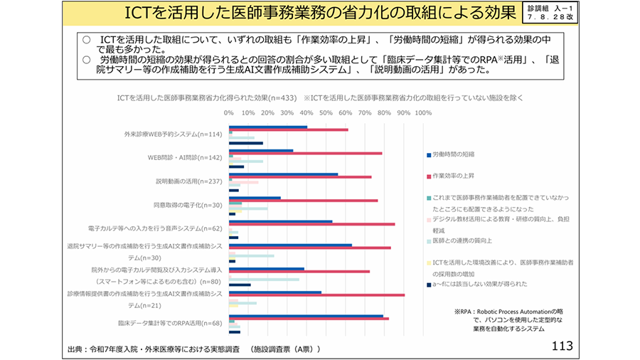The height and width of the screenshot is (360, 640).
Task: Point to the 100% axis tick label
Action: (x=422, y=113)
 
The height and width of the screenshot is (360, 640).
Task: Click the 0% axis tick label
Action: (x=229, y=113)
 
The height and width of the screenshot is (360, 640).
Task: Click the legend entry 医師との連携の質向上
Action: (x=462, y=241)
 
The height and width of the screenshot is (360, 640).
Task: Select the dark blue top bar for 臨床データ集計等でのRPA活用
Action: (x=306, y=315)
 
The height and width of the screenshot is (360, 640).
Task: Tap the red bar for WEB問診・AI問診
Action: (x=305, y=154)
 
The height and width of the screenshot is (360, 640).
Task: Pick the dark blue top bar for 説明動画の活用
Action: (x=283, y=174)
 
